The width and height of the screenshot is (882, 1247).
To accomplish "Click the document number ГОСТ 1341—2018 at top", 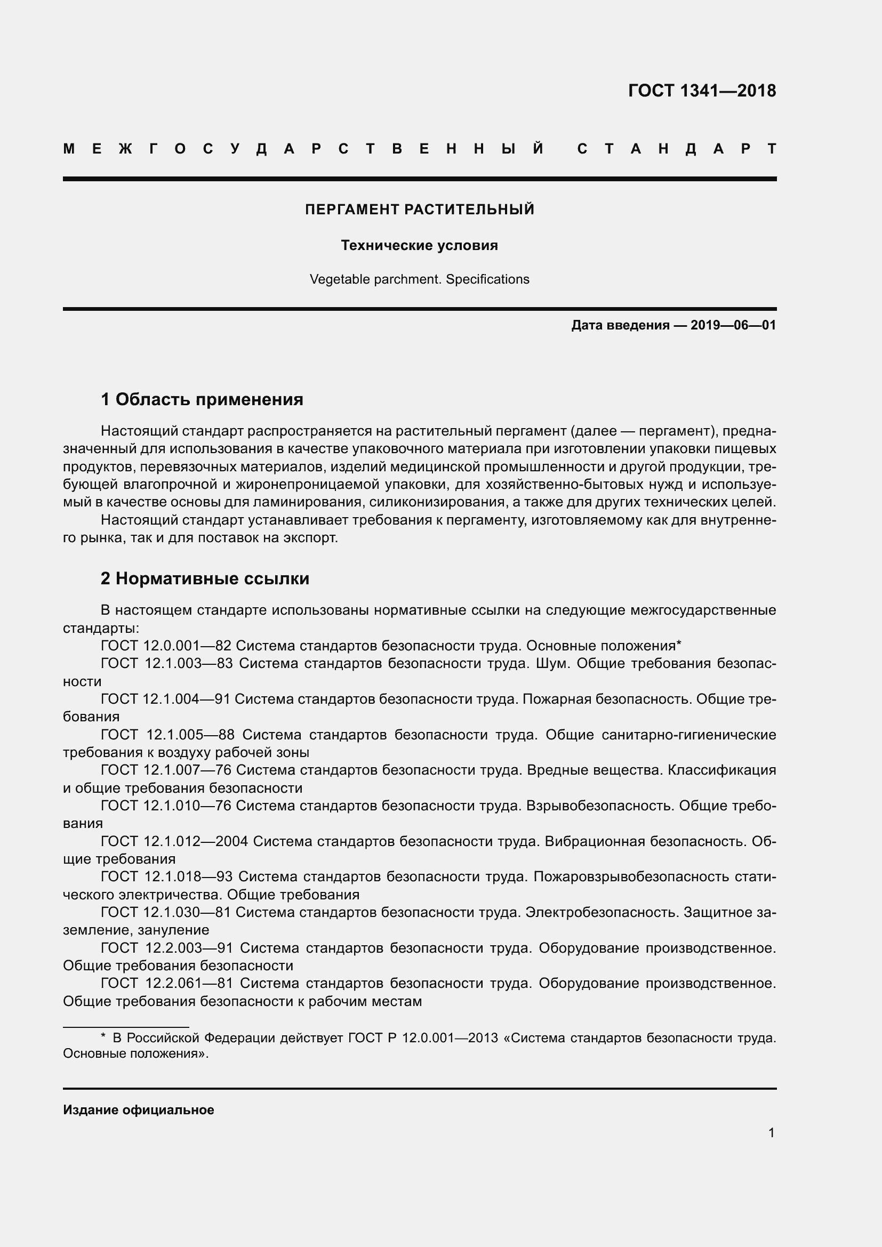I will click(x=702, y=91).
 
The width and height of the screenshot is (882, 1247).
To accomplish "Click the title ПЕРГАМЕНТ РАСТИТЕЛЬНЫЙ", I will click(x=419, y=210).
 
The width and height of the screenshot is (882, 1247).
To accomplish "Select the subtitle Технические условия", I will click(x=419, y=245).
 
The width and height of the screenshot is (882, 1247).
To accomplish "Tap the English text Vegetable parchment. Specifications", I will click(x=419, y=279).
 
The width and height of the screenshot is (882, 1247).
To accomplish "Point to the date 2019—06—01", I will click(x=733, y=325).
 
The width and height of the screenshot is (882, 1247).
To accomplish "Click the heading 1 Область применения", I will click(x=202, y=400).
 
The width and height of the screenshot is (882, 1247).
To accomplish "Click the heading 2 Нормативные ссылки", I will click(x=205, y=579).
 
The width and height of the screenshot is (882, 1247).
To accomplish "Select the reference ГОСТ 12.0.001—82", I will click(x=166, y=646).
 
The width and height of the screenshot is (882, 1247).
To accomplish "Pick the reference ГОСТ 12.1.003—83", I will click(x=166, y=664).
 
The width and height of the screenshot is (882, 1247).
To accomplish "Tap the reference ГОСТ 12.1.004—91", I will click(x=166, y=699).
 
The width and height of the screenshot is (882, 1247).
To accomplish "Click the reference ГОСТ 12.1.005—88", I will click(x=167, y=735).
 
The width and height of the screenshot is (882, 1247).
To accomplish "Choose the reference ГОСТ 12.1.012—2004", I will click(x=174, y=841).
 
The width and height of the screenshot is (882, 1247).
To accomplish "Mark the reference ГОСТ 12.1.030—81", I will click(x=166, y=912).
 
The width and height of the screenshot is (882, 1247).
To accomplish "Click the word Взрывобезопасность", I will click(x=599, y=806).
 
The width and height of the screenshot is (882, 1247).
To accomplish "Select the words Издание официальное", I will click(x=139, y=1110).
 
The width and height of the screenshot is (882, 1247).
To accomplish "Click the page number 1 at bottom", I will click(x=771, y=1133).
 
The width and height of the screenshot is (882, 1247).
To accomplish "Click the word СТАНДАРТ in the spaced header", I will click(x=677, y=149).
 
